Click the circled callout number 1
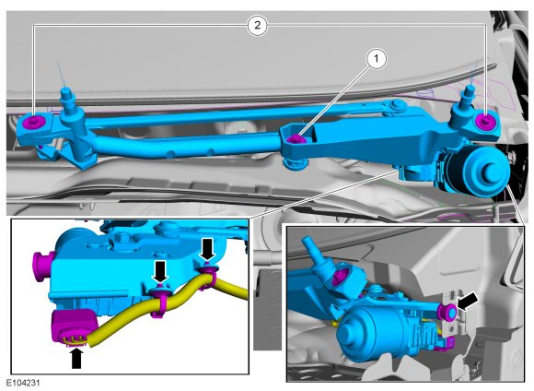click(x=377, y=59)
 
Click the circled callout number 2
click(x=258, y=25)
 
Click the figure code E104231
click(x=22, y=383)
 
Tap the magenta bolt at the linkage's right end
click(x=485, y=121)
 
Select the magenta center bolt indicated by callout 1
click(x=296, y=139)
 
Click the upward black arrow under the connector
click(x=76, y=358)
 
